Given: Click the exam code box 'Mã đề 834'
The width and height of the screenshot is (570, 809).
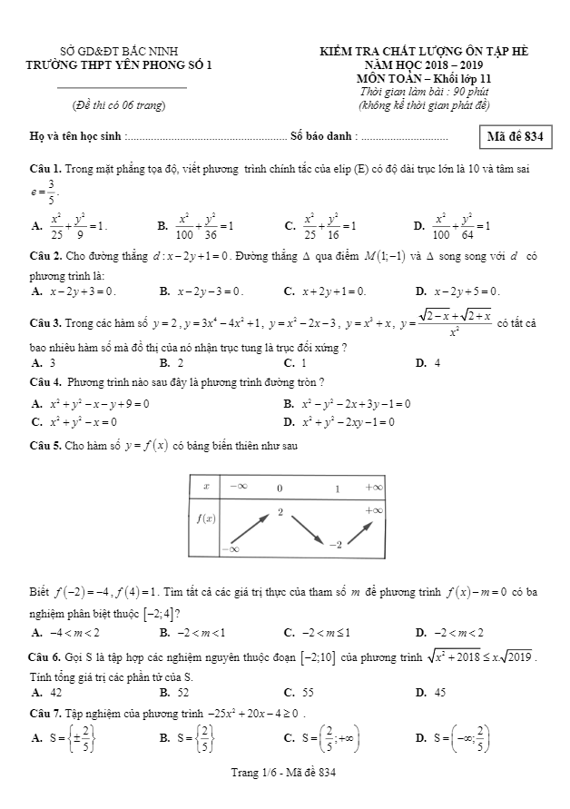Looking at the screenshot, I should coord(515,137).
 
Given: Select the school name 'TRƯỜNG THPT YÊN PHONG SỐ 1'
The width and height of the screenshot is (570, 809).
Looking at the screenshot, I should coord(121,65).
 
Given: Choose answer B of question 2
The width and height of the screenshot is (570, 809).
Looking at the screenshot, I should coord(201,291).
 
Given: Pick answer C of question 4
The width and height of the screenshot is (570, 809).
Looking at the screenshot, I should coord(78,422).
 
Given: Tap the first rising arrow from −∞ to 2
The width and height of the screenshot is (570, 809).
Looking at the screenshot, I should coord(247,530).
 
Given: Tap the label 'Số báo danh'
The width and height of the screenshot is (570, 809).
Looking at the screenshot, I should coord(323,138).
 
